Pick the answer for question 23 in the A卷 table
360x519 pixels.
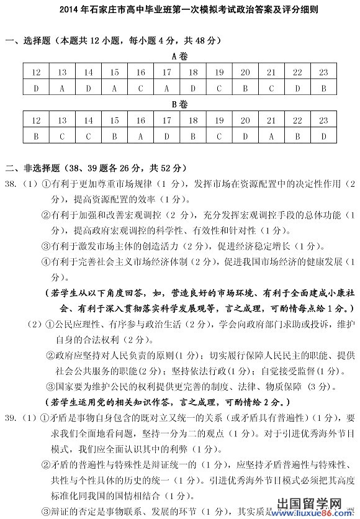[323, 88]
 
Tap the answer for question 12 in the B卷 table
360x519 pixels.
[37, 135]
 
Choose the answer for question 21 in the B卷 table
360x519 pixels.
[271, 135]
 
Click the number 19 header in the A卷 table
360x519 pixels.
[219, 73]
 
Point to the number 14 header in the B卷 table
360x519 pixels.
[89, 119]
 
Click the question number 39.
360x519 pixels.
[11, 417]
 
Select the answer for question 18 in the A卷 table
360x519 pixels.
[193, 88]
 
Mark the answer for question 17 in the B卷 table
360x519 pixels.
[167, 135]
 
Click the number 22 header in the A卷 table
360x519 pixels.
[297, 73]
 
